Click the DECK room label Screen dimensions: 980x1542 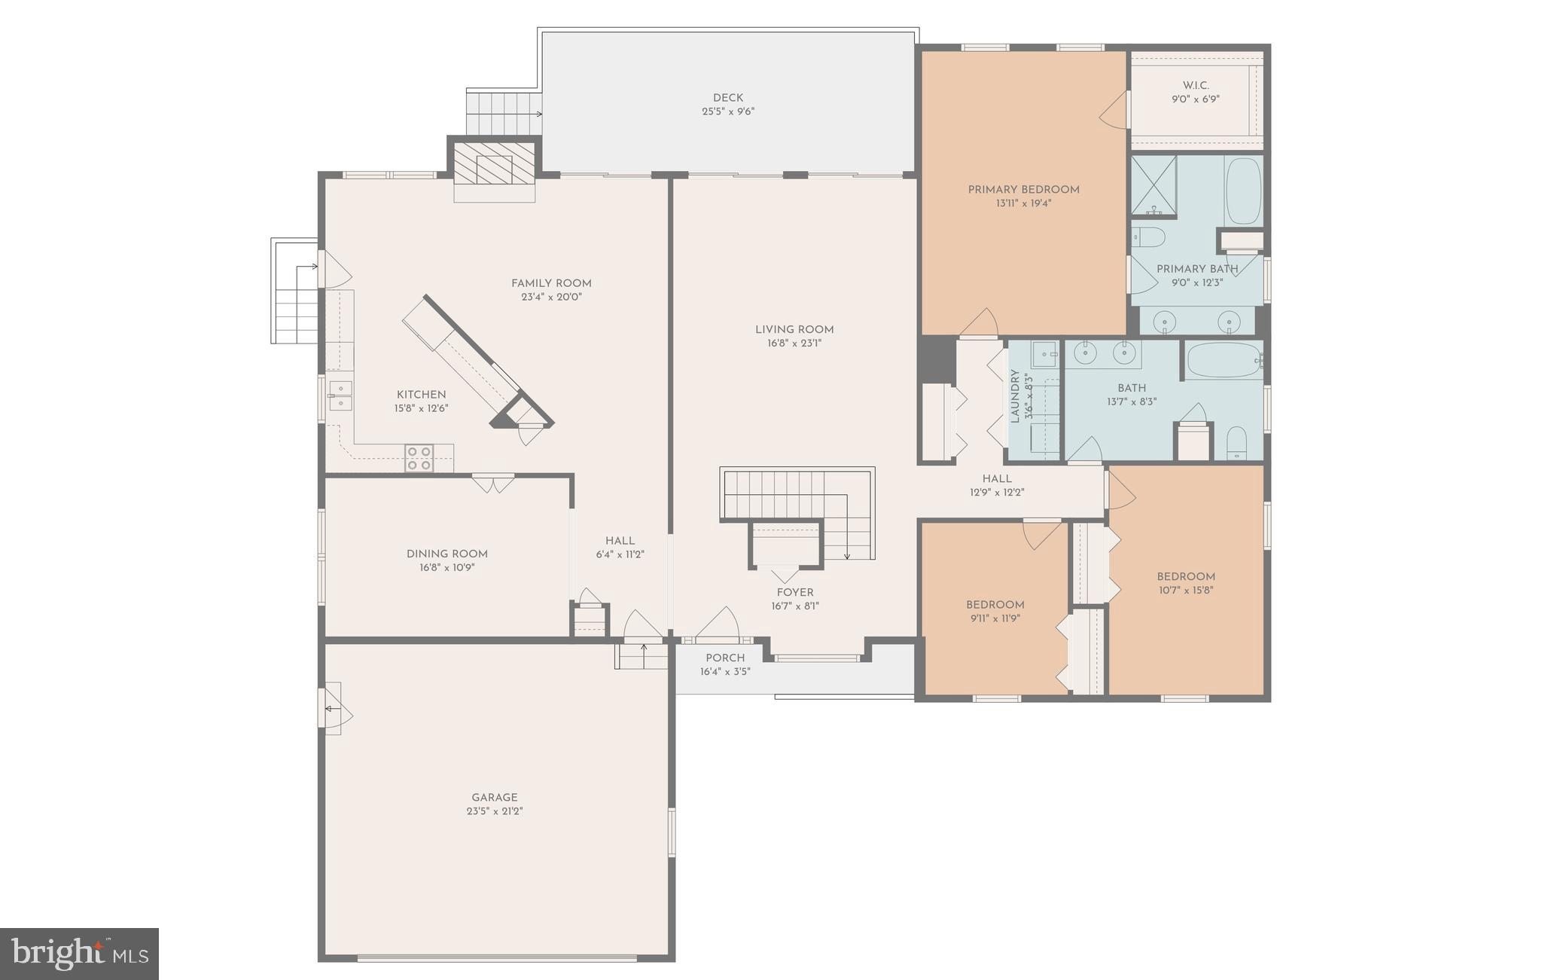(727, 98)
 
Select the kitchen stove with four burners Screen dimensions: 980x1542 (419, 458)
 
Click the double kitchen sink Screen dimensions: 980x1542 (340, 395)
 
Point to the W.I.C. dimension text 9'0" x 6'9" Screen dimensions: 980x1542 (1195, 99)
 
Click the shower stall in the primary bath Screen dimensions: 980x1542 (1153, 185)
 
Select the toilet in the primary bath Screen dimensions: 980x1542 (1149, 237)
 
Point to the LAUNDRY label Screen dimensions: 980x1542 (1015, 396)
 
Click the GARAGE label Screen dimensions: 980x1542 (495, 797)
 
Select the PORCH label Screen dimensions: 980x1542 (725, 658)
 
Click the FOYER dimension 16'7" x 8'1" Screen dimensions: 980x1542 (795, 606)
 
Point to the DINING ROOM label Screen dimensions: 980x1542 (447, 554)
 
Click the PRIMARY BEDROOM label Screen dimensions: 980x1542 (1023, 190)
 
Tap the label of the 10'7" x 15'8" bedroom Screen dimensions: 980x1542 (1186, 577)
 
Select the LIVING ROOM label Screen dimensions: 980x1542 (794, 329)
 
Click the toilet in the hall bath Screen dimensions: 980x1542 (1236, 443)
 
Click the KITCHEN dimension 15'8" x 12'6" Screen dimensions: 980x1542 (421, 408)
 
